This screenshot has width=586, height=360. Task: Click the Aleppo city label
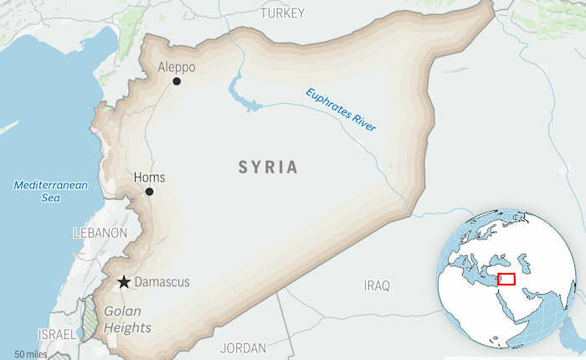click(177, 66)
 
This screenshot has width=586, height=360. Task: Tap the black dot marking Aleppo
click(177, 81)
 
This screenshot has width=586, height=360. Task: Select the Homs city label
click(149, 177)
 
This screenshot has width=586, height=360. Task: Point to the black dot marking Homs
click(149, 192)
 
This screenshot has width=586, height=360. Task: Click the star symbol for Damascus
click(124, 282)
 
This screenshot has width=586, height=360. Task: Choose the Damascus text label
click(162, 283)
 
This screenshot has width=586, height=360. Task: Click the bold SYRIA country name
click(268, 167)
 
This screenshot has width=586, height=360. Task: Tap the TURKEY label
click(282, 13)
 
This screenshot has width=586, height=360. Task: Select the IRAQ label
click(377, 286)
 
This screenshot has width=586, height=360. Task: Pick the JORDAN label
click(243, 347)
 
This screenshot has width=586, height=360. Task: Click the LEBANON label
click(100, 233)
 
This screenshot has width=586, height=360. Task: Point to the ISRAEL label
click(56, 334)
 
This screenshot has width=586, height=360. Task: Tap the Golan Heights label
click(128, 320)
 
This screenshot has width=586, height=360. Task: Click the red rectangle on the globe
click(506, 279)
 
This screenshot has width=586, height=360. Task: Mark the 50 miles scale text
click(31, 355)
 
